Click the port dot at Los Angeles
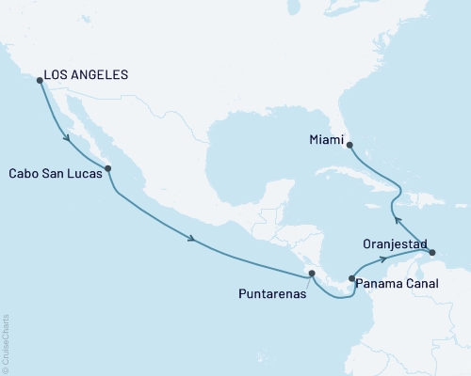pyautogui.click(x=40, y=80)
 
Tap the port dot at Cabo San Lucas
pyautogui.click(x=108, y=169)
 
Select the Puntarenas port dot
pyautogui.click(x=311, y=274)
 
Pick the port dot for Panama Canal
pyautogui.click(x=351, y=278)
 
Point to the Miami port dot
pyautogui.click(x=348, y=145)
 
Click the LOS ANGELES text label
pyautogui.click(x=89, y=74)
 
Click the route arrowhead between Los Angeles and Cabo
pyautogui.click(x=68, y=139)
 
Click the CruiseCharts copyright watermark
pyautogui.click(x=6, y=343)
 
